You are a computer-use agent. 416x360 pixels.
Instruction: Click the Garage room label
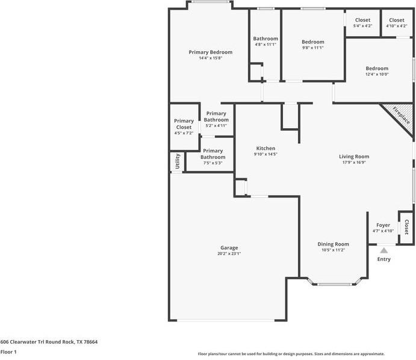[229, 248]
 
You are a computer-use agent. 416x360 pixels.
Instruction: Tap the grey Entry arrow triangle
[383, 250]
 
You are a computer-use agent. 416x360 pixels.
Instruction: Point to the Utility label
[178, 161]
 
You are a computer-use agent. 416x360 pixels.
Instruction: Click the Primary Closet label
[184, 124]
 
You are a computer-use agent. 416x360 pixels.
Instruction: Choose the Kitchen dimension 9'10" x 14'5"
[265, 154]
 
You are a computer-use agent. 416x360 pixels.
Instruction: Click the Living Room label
[354, 157]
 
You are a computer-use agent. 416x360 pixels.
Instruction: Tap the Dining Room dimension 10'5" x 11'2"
[333, 250]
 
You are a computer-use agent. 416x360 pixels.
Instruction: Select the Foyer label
[383, 225]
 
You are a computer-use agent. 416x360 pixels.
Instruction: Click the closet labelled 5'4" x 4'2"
[362, 22]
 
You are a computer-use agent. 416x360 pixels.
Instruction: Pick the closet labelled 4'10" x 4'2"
[397, 22]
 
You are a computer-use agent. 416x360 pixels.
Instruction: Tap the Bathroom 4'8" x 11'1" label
[265, 42]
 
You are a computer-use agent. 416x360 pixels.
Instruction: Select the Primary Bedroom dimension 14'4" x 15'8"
[210, 58]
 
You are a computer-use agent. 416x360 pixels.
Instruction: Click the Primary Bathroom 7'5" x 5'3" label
[213, 157]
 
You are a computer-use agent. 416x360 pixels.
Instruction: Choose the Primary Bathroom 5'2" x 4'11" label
[216, 119]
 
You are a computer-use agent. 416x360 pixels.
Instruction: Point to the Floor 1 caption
[8, 352]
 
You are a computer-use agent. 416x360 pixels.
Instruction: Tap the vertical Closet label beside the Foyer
[406, 227]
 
